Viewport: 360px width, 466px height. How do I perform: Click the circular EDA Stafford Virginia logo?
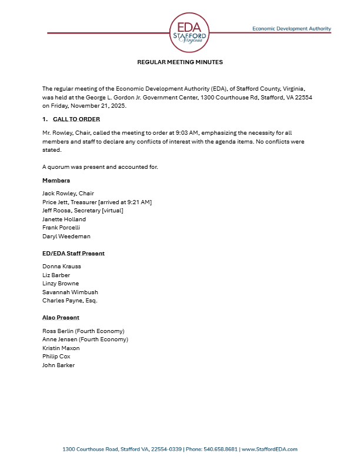[189, 31]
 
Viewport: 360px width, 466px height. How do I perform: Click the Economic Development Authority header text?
[291, 28]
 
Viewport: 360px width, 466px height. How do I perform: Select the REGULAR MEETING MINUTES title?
[180, 62]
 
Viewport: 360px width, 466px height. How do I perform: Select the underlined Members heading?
[56, 181]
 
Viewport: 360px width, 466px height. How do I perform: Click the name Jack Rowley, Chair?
[68, 194]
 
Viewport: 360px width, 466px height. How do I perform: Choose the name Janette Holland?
[64, 219]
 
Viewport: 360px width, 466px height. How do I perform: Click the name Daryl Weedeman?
[66, 237]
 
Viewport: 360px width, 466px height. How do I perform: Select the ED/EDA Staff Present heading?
[74, 254]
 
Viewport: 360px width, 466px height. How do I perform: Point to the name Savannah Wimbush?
[70, 292]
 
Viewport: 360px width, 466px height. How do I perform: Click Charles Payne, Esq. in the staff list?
[69, 301]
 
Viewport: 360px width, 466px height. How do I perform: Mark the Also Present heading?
[61, 318]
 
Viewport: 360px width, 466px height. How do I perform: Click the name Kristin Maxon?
[61, 348]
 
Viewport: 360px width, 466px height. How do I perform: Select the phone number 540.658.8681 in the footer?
[223, 450]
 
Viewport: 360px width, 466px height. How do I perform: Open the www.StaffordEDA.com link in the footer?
[270, 450]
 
